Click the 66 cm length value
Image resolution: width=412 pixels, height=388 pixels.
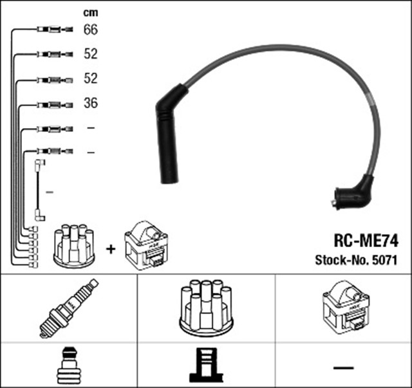[91, 30]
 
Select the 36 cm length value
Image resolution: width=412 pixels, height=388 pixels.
[91, 103]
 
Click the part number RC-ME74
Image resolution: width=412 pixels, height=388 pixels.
[365, 241]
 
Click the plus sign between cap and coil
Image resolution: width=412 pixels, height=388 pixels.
[110, 248]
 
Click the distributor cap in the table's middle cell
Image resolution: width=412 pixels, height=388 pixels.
[206, 308]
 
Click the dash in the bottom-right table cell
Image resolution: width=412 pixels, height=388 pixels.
[343, 367]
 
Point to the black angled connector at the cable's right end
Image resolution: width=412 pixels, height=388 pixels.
[351, 194]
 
